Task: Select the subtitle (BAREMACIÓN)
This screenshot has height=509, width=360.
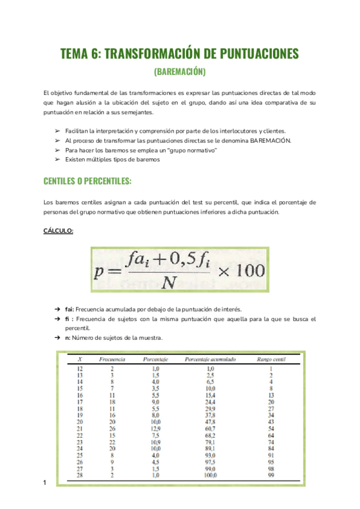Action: coord(180,72)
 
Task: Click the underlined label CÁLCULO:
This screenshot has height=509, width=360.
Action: coord(58,230)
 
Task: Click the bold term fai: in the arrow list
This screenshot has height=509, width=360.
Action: coord(70,309)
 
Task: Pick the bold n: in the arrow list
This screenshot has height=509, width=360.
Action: coord(68,337)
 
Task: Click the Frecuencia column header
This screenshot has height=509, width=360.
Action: coord(112,359)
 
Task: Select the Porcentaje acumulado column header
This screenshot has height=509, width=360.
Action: coord(211,359)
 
